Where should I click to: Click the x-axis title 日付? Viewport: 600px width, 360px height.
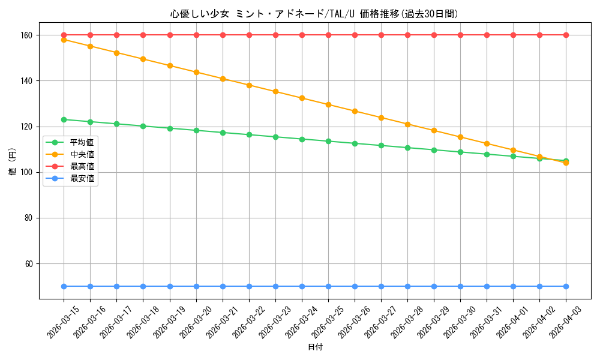(x=315, y=347)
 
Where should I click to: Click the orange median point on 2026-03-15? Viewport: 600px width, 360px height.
(x=64, y=40)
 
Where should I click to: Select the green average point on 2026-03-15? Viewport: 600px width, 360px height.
(x=64, y=119)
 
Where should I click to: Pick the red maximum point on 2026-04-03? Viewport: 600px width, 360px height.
(x=566, y=35)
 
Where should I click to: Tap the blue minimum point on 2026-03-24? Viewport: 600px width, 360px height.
(x=302, y=286)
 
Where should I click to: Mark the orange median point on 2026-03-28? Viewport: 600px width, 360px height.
(x=407, y=124)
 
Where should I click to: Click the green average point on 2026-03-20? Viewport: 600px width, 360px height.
(x=196, y=130)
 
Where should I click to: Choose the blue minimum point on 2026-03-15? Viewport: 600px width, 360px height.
(x=64, y=286)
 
